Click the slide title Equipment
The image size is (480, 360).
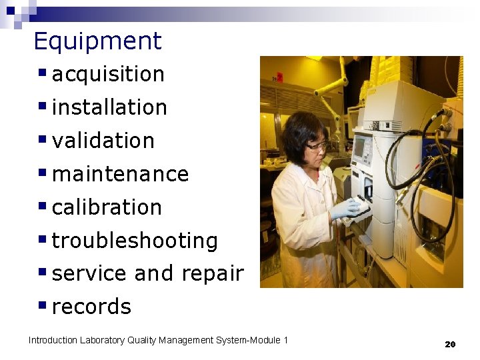[x=97, y=41]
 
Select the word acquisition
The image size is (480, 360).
[x=108, y=74]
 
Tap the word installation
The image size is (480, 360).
[x=109, y=107]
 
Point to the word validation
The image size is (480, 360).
[x=103, y=141]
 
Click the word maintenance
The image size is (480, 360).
[x=120, y=174]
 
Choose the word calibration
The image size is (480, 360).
[x=107, y=207]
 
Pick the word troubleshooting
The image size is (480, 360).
[x=135, y=241]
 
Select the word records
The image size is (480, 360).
[x=91, y=307]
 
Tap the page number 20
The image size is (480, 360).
[x=450, y=344]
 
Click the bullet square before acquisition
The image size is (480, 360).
[x=42, y=71]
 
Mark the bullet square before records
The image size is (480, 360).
[x=42, y=305]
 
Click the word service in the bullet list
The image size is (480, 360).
[x=89, y=274]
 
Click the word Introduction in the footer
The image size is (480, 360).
[x=53, y=341]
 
